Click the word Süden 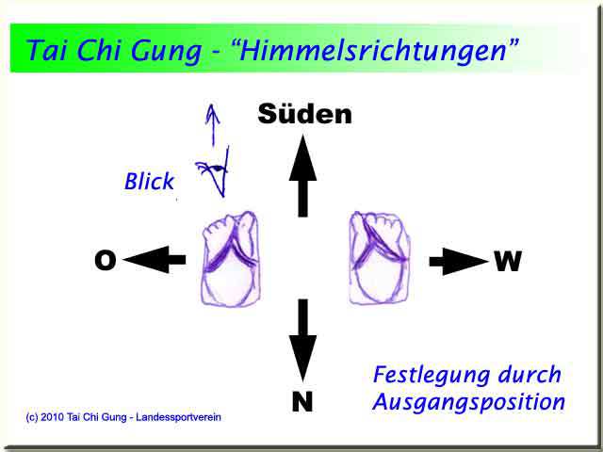[304, 114]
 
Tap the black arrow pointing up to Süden [303, 176]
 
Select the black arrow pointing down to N [303, 341]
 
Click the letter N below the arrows [302, 401]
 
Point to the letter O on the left [105, 260]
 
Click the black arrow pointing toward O [155, 260]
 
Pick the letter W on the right [508, 261]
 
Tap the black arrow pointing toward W [459, 262]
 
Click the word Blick [149, 182]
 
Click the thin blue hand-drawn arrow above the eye [212, 124]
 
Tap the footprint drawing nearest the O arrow [230, 260]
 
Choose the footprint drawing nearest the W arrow [379, 258]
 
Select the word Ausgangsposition [469, 403]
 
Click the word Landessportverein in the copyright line [178, 417]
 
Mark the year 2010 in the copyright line [53, 417]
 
